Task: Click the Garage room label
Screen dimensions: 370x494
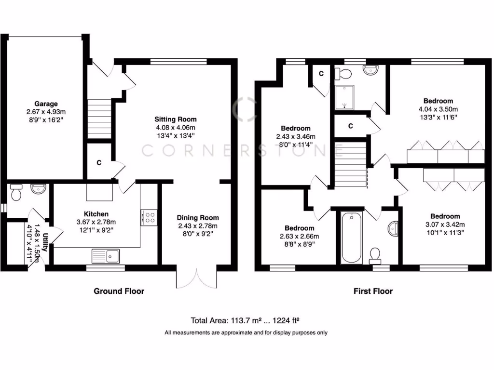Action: tap(46, 104)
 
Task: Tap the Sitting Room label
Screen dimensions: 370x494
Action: tap(176, 119)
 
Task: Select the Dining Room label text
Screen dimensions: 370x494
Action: tap(197, 217)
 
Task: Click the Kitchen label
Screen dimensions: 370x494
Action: tap(96, 214)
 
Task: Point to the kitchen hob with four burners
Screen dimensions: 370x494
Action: tap(149, 217)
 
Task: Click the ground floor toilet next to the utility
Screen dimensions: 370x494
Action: tap(16, 193)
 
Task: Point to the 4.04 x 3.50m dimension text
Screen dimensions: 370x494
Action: tap(438, 109)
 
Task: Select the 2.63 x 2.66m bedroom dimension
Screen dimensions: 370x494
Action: tap(299, 236)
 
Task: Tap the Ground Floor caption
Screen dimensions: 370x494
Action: tap(119, 291)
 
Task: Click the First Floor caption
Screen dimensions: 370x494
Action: tap(372, 291)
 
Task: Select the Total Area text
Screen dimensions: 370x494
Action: tap(247, 320)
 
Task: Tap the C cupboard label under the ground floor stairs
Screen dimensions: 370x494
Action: tap(98, 163)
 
